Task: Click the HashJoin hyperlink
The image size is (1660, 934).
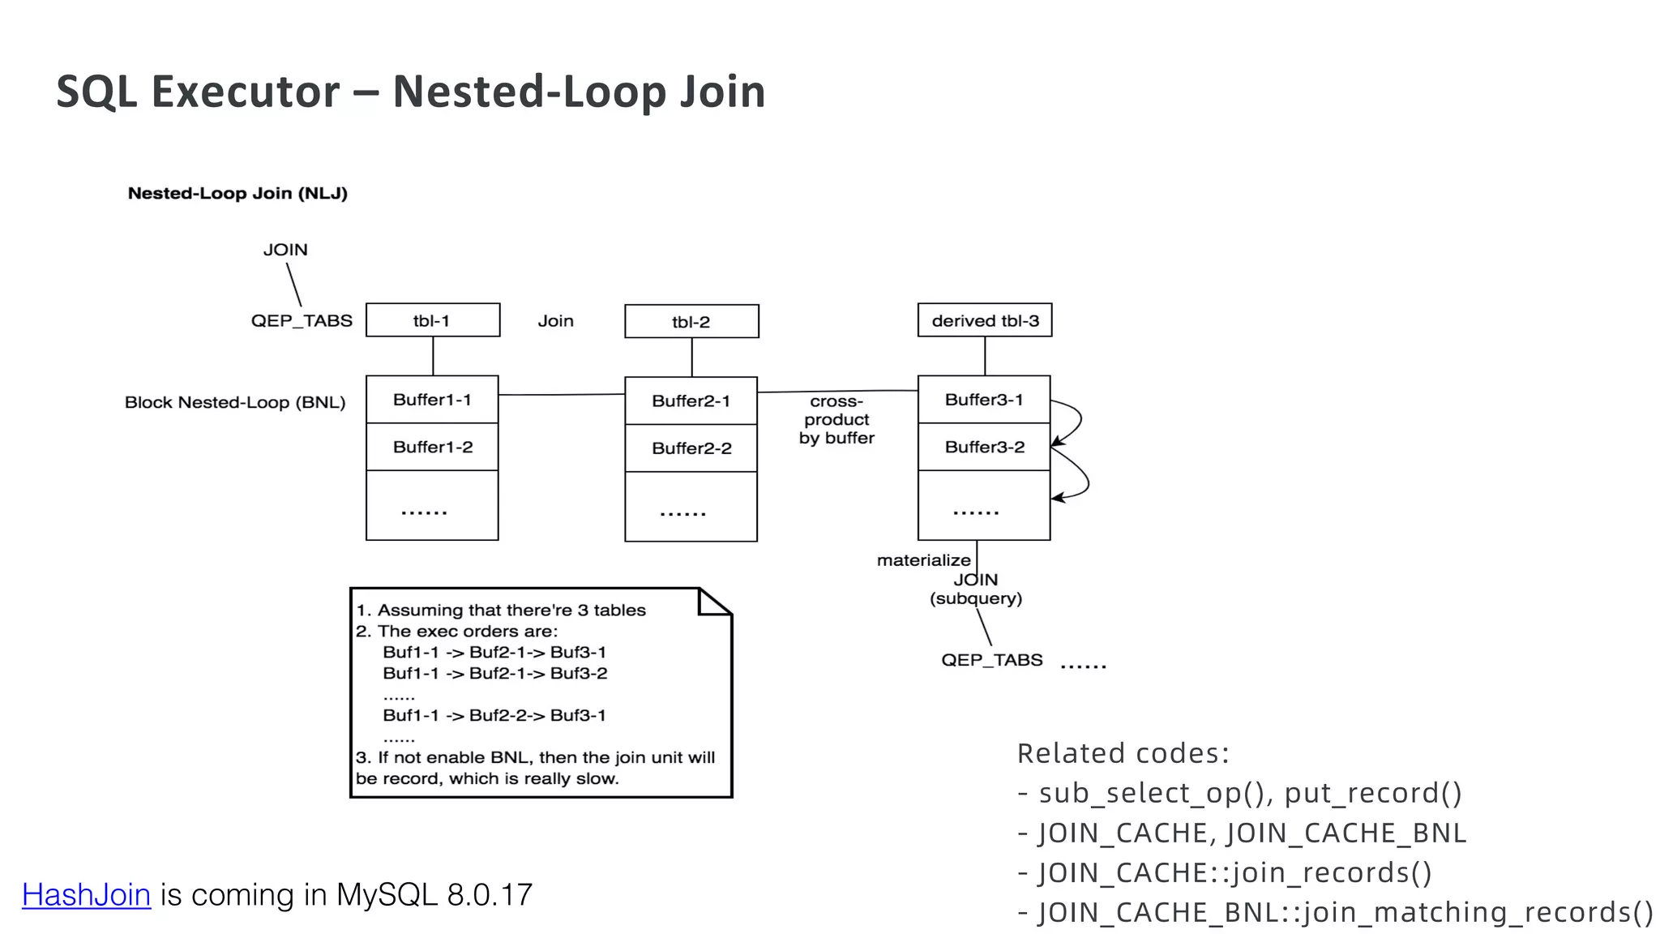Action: pos(86,895)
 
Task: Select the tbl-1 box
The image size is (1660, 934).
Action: pos(432,320)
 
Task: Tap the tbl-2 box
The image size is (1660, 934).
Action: pos(691,322)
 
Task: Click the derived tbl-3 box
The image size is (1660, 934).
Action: pos(985,320)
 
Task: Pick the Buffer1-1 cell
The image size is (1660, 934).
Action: pos(432,400)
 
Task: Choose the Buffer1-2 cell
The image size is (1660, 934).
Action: pos(432,447)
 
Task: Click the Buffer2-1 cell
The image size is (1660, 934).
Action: pos(691,401)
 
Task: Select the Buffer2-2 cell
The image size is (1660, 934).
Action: pos(691,448)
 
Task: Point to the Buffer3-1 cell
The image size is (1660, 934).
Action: pos(984,400)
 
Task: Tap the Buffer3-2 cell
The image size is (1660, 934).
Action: pos(984,447)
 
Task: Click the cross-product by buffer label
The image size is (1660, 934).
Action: pos(836,420)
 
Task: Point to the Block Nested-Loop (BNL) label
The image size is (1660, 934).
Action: pos(235,402)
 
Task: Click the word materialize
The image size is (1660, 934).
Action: pos(923,560)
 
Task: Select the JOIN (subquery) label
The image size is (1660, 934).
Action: pos(976,589)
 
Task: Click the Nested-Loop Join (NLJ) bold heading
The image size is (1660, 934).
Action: pos(237,194)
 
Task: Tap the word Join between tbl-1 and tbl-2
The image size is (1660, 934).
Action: pos(555,321)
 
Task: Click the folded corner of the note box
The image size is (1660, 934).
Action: pos(716,602)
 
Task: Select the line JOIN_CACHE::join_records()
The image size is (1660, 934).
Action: pos(1226,873)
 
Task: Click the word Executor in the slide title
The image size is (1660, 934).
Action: pos(246,92)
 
